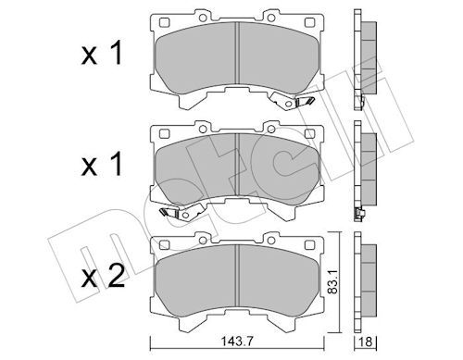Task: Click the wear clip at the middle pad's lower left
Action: [x=167, y=215]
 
